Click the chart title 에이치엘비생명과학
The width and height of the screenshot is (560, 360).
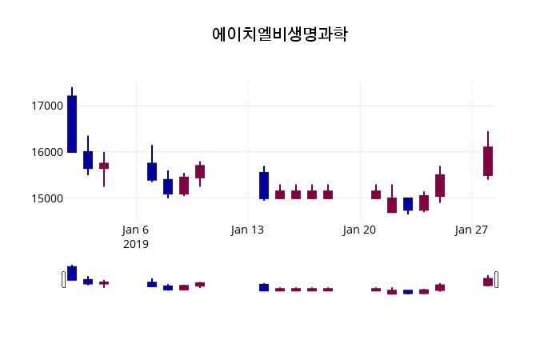280,34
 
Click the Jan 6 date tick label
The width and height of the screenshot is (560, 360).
136,230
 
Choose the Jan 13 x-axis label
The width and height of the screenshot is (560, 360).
247,230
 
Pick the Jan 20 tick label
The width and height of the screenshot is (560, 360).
359,230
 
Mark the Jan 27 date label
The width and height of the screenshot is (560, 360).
471,230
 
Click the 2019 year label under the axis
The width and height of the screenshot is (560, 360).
136,244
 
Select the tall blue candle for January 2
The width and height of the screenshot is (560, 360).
72,124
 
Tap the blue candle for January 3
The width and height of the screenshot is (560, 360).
88,160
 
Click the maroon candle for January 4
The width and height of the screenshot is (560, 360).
104,166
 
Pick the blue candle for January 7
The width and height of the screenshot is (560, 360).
152,171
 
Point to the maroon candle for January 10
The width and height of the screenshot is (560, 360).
200,171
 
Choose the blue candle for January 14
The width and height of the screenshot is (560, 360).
264,185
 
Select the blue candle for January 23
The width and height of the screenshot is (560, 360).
408,204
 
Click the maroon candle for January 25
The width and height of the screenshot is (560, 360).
440,186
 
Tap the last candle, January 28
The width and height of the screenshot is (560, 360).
488,161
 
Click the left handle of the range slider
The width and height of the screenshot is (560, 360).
64,279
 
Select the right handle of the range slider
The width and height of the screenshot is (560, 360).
497,279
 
